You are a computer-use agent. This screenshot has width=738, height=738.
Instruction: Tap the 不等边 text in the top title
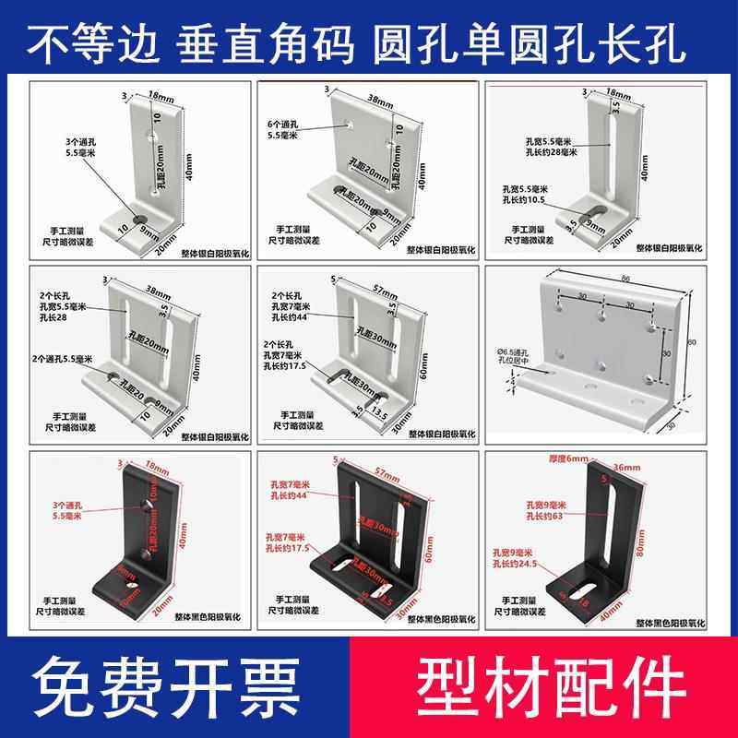click(x=99, y=43)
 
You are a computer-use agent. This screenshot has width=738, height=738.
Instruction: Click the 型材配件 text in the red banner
click(x=547, y=686)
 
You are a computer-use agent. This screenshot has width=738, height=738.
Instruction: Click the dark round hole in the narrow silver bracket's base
click(x=140, y=219)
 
